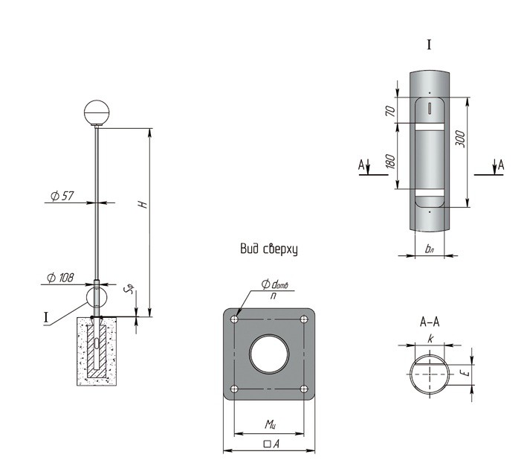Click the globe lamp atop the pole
point(97,113)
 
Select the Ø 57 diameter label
point(62,196)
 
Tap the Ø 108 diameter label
point(60,278)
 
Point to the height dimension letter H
point(143,204)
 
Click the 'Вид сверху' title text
point(269,249)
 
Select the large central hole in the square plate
point(269,354)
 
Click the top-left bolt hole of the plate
point(235,319)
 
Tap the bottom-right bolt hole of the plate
point(304,389)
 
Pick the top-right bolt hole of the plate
point(304,319)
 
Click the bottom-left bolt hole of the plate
point(235,389)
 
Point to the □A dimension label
point(271,444)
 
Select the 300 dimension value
point(460,138)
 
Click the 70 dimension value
point(390,110)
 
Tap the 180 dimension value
point(390,161)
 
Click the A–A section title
point(430,322)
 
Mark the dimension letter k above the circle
point(430,339)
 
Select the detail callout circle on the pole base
point(97,296)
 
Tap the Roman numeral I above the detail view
point(429,45)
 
